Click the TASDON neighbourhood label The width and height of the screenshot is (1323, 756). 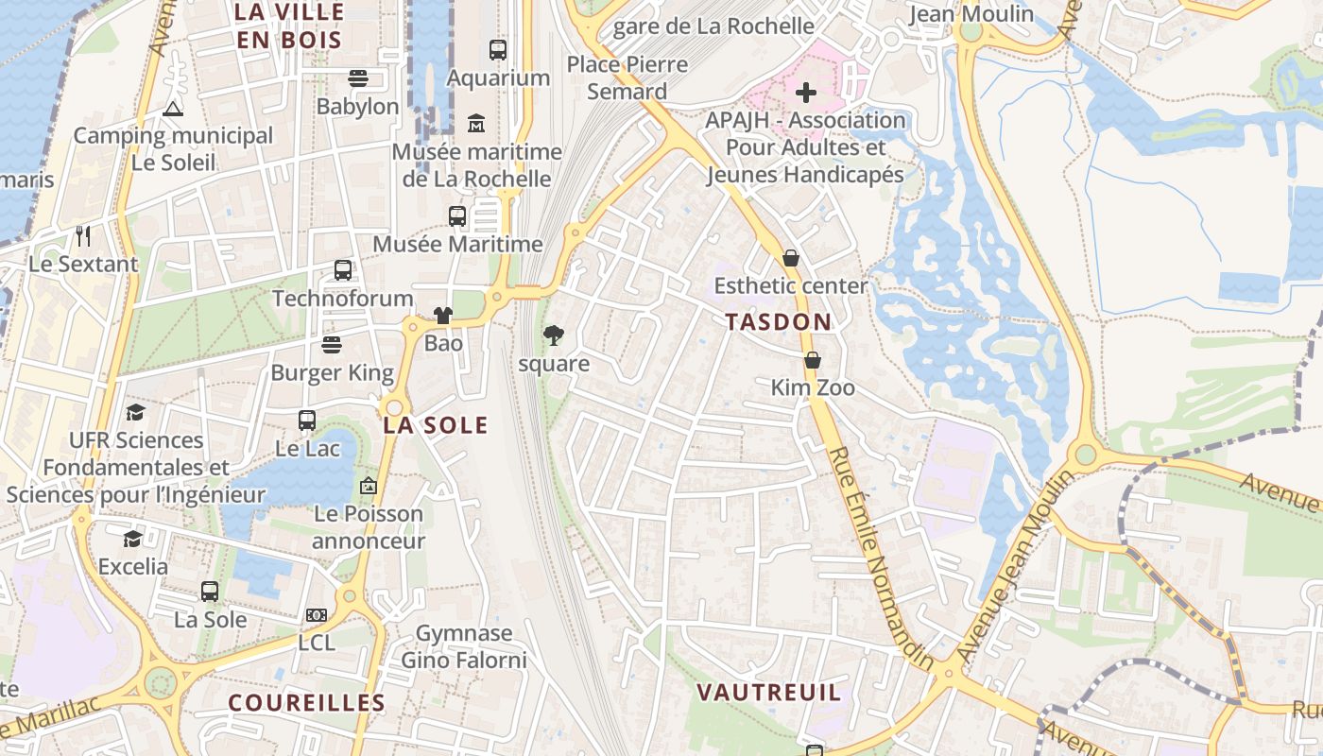click(779, 322)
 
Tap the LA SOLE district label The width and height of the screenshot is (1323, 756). click(436, 425)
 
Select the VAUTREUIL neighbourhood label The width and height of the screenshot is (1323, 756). click(768, 693)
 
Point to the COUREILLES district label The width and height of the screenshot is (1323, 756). click(307, 703)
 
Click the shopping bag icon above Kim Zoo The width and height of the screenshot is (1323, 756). click(812, 360)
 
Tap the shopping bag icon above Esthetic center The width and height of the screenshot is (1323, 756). click(791, 258)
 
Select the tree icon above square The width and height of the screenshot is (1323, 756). click(554, 335)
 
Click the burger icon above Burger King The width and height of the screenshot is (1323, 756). click(331, 344)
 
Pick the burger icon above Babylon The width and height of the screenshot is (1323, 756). click(357, 77)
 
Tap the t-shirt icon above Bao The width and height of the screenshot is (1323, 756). click(442, 315)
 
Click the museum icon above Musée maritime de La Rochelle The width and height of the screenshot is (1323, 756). click(476, 123)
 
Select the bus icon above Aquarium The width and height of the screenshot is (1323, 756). click(497, 50)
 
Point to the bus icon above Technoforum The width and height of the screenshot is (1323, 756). click(343, 270)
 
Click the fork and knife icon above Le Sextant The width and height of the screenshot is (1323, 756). click(83, 235)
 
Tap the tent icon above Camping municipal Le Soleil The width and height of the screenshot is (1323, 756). click(172, 108)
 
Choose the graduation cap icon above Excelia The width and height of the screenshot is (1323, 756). click(132, 539)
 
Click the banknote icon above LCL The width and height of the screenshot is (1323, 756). click(317, 615)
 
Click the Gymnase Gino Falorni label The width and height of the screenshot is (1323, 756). click(464, 646)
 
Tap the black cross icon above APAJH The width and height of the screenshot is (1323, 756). click(805, 93)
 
